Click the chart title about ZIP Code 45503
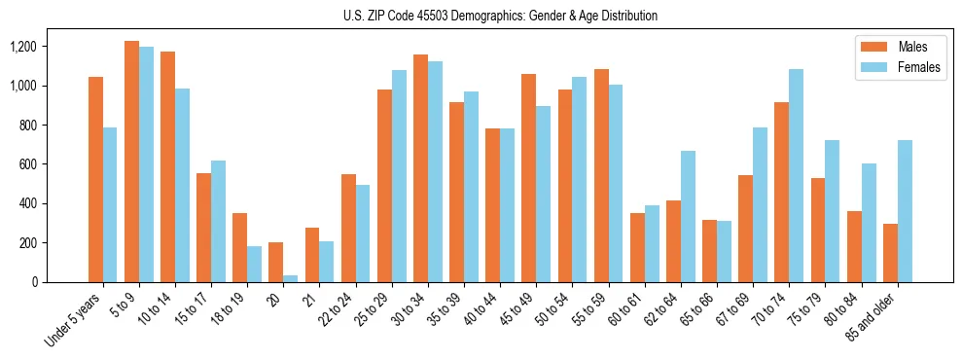click(500, 16)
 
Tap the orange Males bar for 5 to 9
click(131, 162)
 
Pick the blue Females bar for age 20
click(291, 278)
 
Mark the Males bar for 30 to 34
click(420, 168)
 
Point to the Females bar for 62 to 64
click(688, 216)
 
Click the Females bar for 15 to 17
click(218, 221)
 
